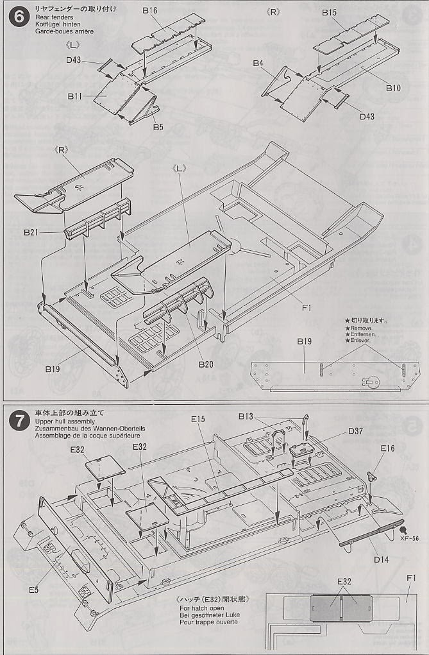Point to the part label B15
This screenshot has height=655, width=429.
point(330,12)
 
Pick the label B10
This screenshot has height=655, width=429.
point(393,88)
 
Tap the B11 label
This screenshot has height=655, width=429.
point(75,96)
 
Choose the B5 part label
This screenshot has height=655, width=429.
point(158,127)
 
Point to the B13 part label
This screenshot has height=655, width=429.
point(246,416)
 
